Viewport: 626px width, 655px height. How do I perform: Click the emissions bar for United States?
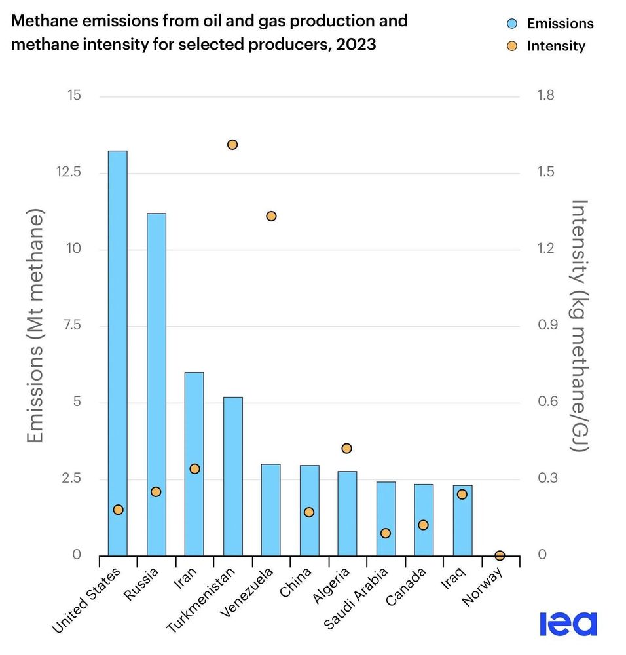(118, 354)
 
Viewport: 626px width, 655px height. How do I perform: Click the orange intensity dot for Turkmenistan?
(232, 145)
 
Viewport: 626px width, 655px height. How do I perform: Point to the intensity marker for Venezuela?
(271, 216)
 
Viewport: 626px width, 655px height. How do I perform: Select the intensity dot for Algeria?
(347, 449)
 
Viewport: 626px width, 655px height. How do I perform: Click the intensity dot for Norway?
(500, 555)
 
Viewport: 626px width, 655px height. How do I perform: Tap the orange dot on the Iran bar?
(194, 469)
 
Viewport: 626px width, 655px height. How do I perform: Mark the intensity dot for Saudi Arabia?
(386, 533)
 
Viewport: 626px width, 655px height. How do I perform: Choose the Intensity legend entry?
(547, 46)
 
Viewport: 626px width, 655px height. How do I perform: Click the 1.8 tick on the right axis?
(546, 96)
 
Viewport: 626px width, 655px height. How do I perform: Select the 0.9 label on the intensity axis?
(546, 326)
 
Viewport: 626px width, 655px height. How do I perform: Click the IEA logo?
(568, 623)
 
